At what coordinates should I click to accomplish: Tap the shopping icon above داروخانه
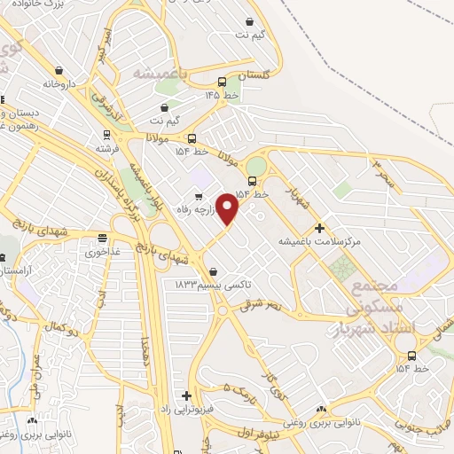pos(59,70)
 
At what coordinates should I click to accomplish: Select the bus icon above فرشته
pos(107,136)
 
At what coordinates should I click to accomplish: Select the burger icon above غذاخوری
pos(103,238)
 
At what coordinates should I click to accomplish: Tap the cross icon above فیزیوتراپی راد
pos(186,395)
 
